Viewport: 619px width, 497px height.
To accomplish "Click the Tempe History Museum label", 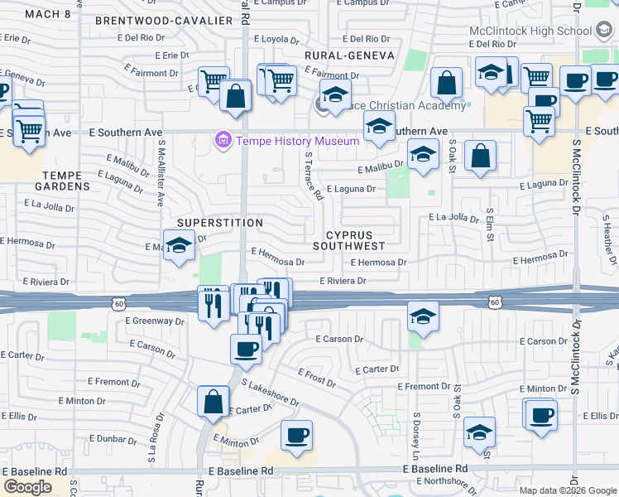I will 298,141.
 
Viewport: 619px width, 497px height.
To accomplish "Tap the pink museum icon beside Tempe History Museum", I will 222,141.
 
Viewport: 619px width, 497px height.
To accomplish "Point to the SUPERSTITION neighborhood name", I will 220,223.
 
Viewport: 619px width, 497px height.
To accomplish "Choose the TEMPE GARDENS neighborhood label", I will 55,181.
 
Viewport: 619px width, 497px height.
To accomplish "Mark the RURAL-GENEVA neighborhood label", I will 348,55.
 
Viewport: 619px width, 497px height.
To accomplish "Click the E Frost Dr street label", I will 316,379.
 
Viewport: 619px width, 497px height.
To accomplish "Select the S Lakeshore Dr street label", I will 270,392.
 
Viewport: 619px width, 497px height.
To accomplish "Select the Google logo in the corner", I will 27,486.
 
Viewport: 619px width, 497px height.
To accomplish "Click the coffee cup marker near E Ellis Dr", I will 541,415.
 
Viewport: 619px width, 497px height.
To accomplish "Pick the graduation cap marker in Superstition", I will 178,247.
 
